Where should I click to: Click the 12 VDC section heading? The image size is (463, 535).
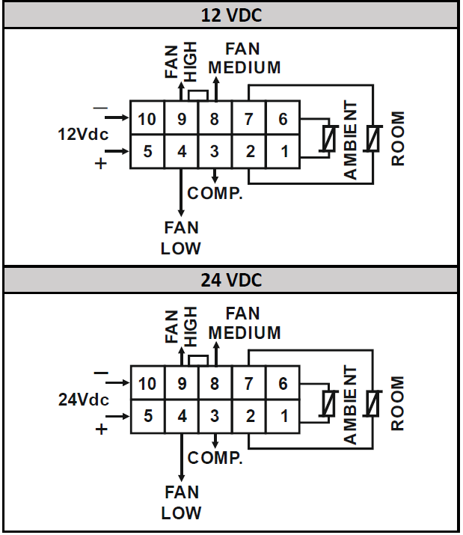click(x=230, y=14)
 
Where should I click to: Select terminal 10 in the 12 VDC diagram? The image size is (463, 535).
click(x=147, y=119)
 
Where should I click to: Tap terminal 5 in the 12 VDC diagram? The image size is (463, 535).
click(x=147, y=152)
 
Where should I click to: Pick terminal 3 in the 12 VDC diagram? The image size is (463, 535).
click(x=215, y=152)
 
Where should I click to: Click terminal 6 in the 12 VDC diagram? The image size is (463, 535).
click(x=283, y=119)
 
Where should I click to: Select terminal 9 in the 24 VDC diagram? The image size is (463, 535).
click(x=182, y=384)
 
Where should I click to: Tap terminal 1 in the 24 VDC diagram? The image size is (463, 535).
click(x=283, y=416)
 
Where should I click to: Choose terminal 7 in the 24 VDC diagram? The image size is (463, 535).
click(x=249, y=384)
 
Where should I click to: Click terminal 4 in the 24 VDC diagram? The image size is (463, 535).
click(x=182, y=416)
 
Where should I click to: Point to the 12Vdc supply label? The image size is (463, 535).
click(x=83, y=135)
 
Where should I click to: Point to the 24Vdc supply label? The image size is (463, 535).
click(x=83, y=400)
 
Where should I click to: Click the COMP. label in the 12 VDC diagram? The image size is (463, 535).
click(x=215, y=193)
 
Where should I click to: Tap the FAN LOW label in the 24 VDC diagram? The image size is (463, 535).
click(x=181, y=503)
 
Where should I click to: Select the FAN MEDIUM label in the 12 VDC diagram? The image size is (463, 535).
click(x=244, y=58)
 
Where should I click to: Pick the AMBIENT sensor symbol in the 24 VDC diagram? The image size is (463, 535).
click(x=328, y=404)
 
